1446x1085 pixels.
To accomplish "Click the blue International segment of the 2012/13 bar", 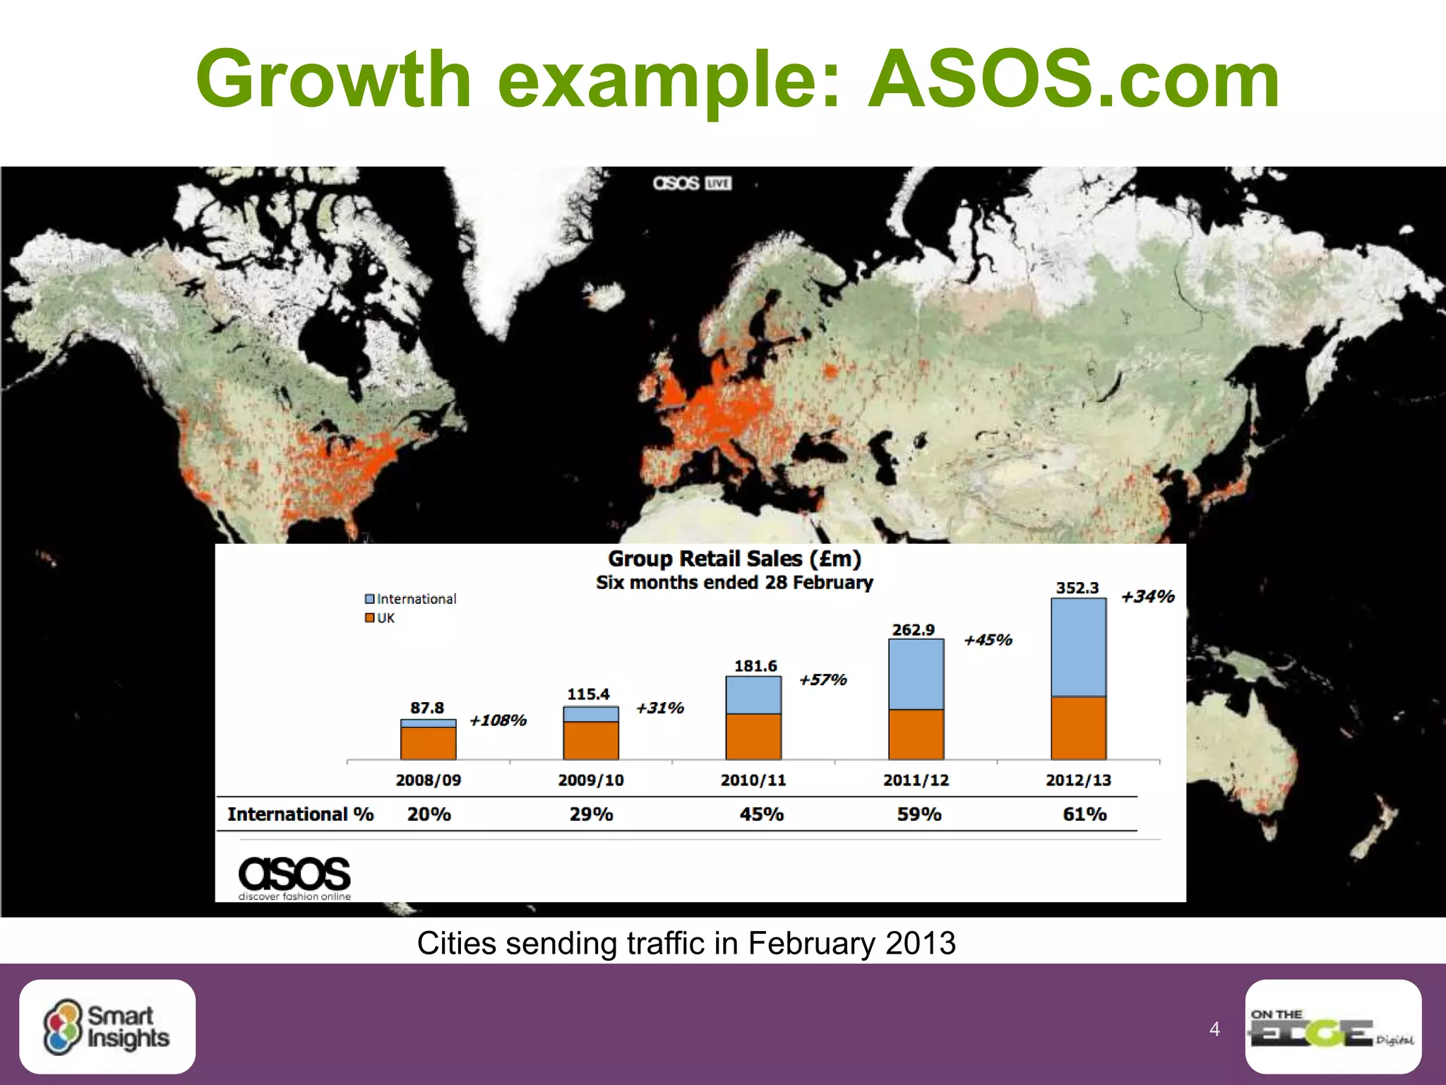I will point(1078,648).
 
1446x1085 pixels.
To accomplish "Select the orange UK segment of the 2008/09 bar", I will point(428,743).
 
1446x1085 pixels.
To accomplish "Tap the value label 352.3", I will point(1077,588).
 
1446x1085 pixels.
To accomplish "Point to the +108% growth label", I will point(498,721).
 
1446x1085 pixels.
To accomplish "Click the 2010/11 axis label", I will point(753,780).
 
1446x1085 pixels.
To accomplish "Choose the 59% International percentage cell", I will point(919,814).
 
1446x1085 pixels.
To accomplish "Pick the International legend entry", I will point(410,599).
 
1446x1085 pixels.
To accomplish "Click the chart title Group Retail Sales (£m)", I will point(734,559).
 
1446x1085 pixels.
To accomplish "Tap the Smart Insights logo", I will point(107,1026).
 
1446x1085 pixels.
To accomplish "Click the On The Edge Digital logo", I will point(1332,1026).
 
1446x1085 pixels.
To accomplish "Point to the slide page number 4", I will point(1214,1028).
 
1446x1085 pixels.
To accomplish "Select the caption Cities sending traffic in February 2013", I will point(686,943).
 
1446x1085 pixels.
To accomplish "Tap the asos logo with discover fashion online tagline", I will point(294,878).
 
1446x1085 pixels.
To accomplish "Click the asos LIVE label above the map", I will point(692,184).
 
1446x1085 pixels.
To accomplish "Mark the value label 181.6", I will point(755,666).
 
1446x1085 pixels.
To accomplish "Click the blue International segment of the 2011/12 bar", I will point(916,675).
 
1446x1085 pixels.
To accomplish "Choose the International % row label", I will point(300,814).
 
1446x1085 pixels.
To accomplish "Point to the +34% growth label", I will point(1147,597).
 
